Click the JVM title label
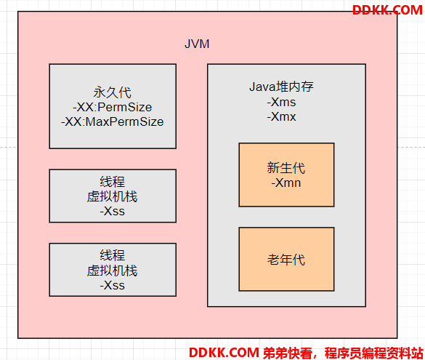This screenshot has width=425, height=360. coord(197,44)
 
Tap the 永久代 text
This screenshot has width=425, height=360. coord(113,92)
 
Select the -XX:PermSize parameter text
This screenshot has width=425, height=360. coord(112,108)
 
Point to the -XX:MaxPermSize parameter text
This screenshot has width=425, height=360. coord(112,121)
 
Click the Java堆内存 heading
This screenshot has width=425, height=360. coord(281,87)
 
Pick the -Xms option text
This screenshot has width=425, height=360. coord(281,103)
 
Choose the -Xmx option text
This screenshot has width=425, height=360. coord(281,117)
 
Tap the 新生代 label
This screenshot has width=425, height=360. coord(286,168)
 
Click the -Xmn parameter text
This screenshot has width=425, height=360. coord(286,183)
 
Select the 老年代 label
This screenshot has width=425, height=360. coord(286,260)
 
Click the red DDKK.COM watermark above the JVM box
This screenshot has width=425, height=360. coord(387,10)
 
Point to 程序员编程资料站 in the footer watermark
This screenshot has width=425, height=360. coord(374,353)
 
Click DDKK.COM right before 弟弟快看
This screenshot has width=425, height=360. coord(224,353)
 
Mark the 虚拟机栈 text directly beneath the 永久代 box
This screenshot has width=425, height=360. coord(112,196)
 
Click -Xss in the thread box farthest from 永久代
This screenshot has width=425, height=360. coord(112,285)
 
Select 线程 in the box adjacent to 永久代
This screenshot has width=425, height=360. coord(112,182)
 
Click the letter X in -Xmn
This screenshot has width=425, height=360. coord(280,183)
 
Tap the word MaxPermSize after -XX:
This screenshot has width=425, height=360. coord(124,121)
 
